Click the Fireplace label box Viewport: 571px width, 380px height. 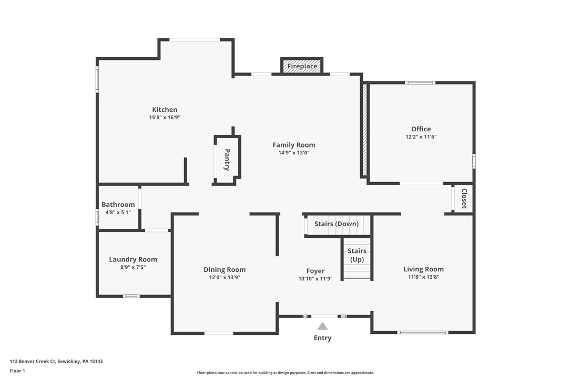coord(302,66)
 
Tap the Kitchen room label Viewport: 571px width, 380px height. coord(165,110)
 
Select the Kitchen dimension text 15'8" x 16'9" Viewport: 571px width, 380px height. coord(165,118)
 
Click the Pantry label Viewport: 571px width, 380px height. coord(227,160)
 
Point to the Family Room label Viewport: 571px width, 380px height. coord(293,145)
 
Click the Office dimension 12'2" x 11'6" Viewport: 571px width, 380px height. coord(421,136)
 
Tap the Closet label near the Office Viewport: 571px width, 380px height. coord(464,198)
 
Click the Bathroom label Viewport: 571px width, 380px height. coord(118,205)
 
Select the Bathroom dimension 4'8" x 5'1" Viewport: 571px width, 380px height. coord(118,212)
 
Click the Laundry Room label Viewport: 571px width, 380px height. coord(133,259)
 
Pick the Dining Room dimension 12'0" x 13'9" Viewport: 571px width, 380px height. coord(225,277)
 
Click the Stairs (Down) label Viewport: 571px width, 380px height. coord(337,224)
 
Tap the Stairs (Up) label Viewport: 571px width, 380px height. coord(357,255)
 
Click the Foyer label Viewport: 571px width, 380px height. coord(315,271)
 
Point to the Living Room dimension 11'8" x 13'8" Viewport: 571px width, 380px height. coord(423,277)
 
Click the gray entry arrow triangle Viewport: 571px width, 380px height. coord(322,326)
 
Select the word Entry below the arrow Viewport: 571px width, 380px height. coord(322,338)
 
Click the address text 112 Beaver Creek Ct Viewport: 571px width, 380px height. coord(56,361)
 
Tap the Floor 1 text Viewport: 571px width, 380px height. coord(17,371)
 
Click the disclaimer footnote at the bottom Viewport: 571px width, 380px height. coord(285,373)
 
